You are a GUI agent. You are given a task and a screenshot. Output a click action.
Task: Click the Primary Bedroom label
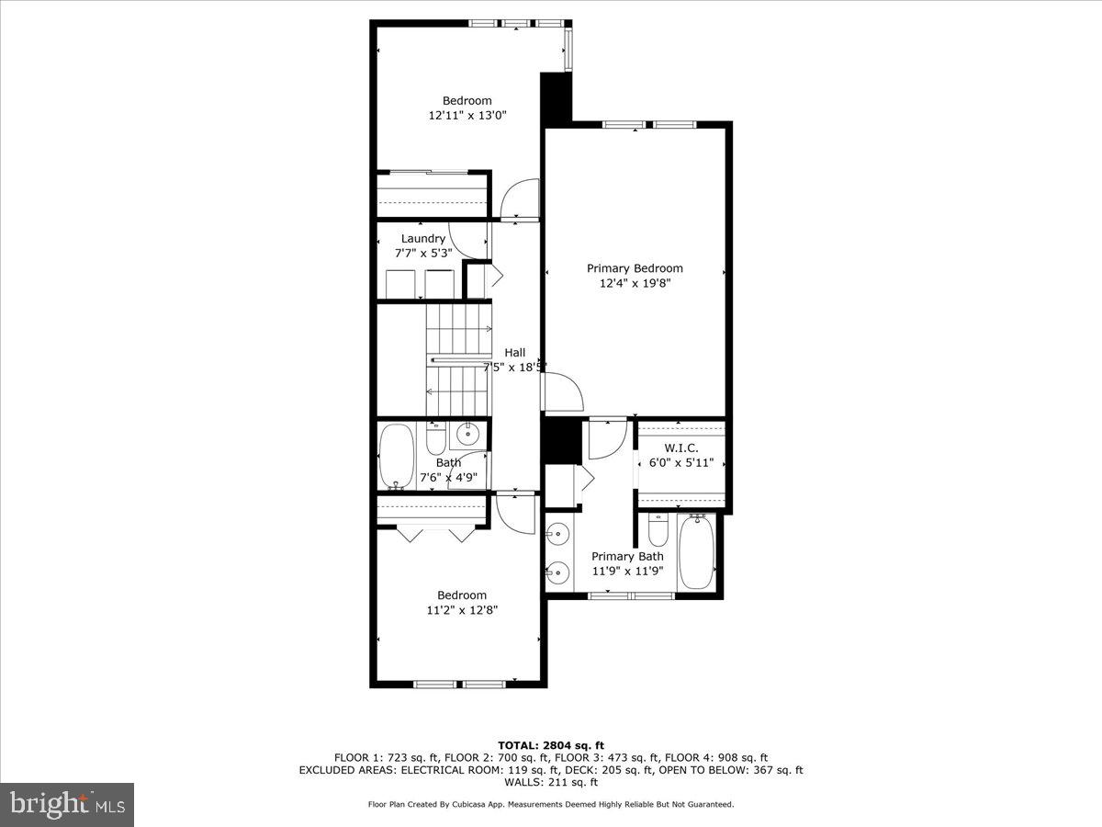[x=635, y=268]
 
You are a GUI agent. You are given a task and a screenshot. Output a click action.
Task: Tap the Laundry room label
[x=422, y=239]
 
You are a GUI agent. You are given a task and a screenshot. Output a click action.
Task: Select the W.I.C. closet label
[x=680, y=447]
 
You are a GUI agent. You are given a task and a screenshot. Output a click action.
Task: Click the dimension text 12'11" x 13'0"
[x=467, y=116]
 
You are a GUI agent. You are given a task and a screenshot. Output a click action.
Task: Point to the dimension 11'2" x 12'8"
[x=462, y=609]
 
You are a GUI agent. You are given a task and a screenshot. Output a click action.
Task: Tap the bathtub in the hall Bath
[x=397, y=455]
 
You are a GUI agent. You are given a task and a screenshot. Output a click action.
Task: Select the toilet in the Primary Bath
[x=658, y=530]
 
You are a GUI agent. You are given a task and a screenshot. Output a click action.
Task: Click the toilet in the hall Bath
[x=436, y=437]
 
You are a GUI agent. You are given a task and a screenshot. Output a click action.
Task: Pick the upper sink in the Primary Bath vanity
[x=557, y=532]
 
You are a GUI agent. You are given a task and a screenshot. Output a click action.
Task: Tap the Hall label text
[x=515, y=353]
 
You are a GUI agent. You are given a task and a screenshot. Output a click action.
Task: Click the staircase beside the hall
[x=458, y=360]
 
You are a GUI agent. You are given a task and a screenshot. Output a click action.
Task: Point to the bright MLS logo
[x=67, y=804]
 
